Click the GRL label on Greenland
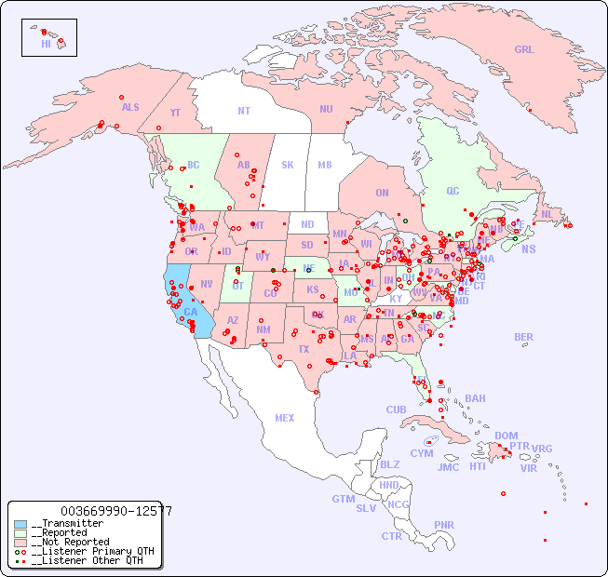pos(524,50)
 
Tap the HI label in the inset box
pos(46,44)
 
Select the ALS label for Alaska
pos(130,107)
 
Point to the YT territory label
pos(175,113)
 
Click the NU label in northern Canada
pos(326,109)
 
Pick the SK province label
pos(288,165)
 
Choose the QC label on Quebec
pos(453,192)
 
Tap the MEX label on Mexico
pos(285,418)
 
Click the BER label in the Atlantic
pos(524,337)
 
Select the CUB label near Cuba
pos(396,409)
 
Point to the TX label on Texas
pos(304,349)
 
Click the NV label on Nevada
pos(207,284)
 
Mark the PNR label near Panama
pos(444,525)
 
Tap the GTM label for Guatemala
pos(343,499)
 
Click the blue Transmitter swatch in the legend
pos(21,524)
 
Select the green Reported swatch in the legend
pos(21,533)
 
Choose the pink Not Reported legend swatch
pos(21,542)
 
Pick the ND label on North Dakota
pos(307,224)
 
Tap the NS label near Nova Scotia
pos(528,248)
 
